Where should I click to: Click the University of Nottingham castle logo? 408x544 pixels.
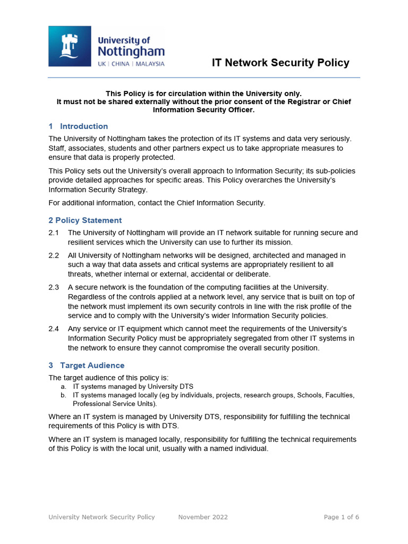pos(70,46)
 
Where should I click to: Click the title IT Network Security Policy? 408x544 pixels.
pos(280,63)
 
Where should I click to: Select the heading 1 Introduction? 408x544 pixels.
pos(78,126)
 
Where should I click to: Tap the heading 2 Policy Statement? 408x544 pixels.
pos(85,220)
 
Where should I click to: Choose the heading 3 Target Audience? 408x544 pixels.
pos(87,365)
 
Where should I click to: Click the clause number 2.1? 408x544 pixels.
pos(54,233)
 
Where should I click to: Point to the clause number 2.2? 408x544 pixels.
pos(54,256)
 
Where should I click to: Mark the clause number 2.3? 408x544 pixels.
pos(54,287)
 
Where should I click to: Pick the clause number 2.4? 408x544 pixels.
pos(54,329)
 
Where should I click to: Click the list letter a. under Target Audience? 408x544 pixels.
pos(63,387)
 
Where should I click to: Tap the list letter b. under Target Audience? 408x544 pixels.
pos(63,395)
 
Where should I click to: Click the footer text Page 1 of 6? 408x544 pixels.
pos(342,517)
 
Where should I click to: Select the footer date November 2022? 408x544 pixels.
pos(203,517)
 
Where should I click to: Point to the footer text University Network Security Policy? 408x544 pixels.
pos(101,517)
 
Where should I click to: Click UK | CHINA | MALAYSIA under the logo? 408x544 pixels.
pos(131,64)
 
